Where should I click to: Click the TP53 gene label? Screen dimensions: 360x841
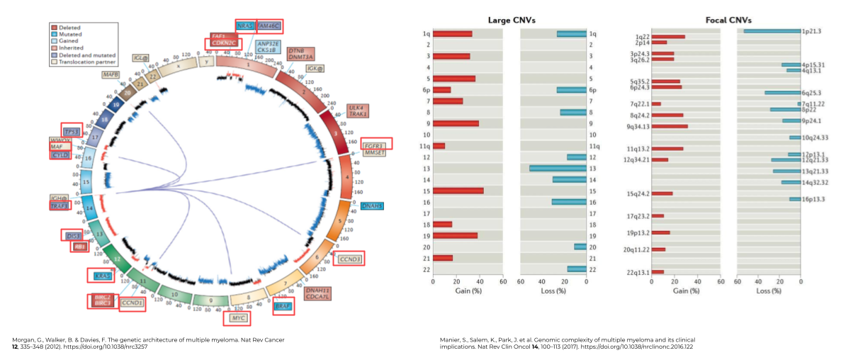(x=72, y=132)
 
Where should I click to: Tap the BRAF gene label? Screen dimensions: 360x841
(x=283, y=307)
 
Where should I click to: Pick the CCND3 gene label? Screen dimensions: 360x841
(x=350, y=259)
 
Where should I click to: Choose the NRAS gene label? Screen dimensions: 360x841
(x=245, y=26)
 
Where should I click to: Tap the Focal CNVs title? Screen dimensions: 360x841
(x=728, y=20)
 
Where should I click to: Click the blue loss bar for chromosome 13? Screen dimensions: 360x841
(x=558, y=168)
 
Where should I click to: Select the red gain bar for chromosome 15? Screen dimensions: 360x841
(x=458, y=191)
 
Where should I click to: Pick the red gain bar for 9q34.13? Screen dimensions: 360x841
(x=670, y=126)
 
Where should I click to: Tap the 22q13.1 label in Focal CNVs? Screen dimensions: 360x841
(x=638, y=272)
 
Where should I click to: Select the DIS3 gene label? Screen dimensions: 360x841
(x=72, y=235)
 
